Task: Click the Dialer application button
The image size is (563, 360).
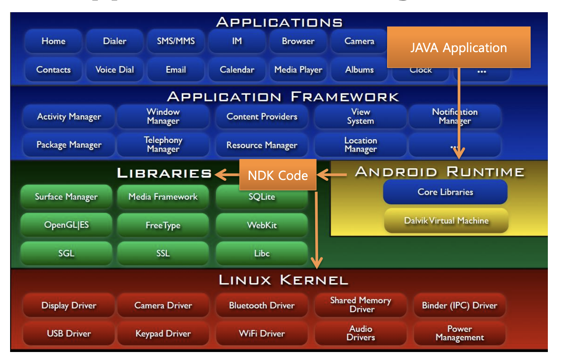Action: (114, 41)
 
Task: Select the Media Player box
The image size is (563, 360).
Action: (298, 70)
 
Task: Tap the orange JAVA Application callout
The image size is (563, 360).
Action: (458, 48)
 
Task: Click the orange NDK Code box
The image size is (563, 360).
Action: (278, 175)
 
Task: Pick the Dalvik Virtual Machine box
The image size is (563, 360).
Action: (446, 221)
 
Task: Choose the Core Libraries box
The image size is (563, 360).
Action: (445, 192)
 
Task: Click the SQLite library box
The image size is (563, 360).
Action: (262, 197)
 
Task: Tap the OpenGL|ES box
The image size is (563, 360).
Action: (66, 225)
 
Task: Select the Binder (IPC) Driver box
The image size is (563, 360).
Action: (459, 306)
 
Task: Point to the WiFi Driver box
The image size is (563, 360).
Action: (262, 334)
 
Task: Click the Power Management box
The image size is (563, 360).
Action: (459, 334)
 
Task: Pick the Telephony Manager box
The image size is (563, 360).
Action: (163, 145)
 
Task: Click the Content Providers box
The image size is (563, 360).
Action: (262, 116)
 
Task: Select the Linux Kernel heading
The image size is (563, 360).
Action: (283, 280)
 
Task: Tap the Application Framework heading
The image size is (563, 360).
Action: (283, 97)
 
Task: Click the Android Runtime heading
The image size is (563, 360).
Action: (439, 172)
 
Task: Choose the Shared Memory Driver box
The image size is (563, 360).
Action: (361, 305)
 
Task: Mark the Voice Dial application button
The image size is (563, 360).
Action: (114, 70)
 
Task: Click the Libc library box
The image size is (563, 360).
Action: (262, 254)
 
